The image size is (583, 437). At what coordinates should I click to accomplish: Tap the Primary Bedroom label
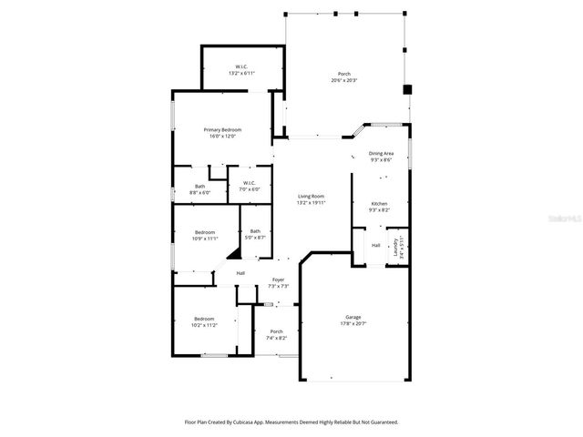(222, 130)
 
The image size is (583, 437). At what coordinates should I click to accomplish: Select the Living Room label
(311, 197)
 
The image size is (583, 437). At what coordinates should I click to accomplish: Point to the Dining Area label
(381, 154)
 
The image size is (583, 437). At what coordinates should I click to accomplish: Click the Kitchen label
(379, 203)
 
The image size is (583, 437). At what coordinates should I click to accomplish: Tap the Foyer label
(278, 279)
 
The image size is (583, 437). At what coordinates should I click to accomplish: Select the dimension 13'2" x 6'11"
(241, 73)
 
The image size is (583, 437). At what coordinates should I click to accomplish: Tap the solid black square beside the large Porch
(407, 89)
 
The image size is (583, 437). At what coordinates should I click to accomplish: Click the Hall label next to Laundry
(375, 246)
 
